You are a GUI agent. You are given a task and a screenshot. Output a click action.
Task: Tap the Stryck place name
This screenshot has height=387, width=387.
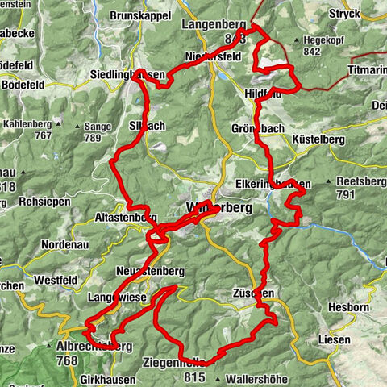pos(341,14)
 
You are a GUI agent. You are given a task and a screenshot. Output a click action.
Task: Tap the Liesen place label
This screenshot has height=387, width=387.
pos(332,339)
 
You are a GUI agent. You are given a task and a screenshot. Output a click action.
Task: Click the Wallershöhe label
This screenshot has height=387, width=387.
pos(256,377)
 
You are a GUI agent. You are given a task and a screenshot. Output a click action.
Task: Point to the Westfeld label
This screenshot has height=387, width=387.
pos(56,280)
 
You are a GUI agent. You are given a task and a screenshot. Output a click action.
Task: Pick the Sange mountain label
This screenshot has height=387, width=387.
pos(97,127)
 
